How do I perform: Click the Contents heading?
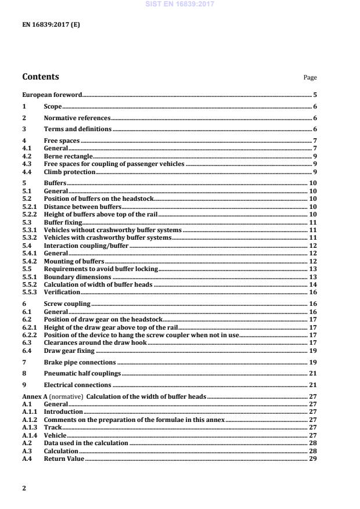[41, 77]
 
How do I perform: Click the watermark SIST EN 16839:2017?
[180, 3]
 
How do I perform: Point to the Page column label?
[310, 78]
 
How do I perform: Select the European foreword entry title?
[52, 95]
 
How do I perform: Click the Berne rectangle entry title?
[69, 156]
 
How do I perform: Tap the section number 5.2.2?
[30, 215]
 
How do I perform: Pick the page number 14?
[313, 284]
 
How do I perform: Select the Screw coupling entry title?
[67, 304]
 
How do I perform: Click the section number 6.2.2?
[30, 335]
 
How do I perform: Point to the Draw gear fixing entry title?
[69, 351]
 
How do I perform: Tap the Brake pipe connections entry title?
[80, 362]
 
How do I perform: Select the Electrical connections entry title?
[77, 385]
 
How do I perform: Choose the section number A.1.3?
[30, 427]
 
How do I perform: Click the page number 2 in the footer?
[24, 488]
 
